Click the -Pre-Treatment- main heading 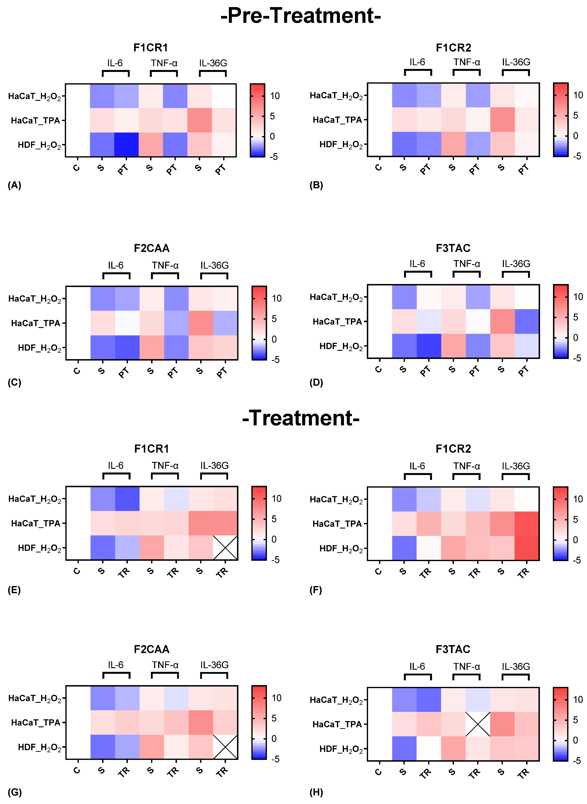pos(300,16)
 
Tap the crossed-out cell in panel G pos(225,747)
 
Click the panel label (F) pos(315,590)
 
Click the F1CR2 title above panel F pos(453,449)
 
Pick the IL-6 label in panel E pos(115,466)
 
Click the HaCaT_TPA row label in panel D pos(337,322)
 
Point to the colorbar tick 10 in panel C pos(276,299)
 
